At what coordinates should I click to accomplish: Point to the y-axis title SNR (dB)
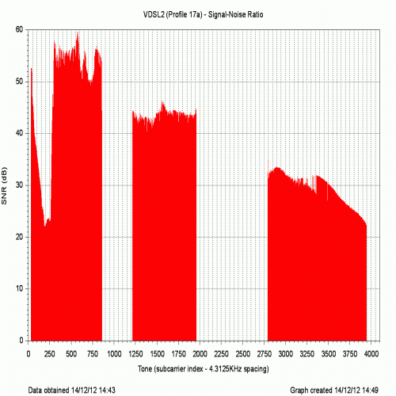(x=4, y=185)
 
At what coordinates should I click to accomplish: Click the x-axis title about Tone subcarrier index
(x=204, y=368)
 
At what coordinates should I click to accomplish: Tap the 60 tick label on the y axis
(x=19, y=29)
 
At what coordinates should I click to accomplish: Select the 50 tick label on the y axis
(x=19, y=82)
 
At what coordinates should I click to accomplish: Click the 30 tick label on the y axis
(x=19, y=185)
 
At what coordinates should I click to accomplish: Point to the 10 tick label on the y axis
(x=19, y=288)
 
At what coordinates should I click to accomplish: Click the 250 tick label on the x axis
(x=50, y=354)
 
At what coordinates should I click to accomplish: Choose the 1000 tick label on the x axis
(x=114, y=354)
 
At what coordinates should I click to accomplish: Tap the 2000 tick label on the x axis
(x=200, y=354)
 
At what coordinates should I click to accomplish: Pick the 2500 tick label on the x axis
(x=242, y=354)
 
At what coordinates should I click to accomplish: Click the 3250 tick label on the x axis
(x=307, y=354)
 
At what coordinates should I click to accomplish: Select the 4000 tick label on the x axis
(x=371, y=354)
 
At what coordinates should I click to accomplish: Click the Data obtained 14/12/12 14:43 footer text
(x=72, y=390)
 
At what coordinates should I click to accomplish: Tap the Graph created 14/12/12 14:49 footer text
(x=334, y=390)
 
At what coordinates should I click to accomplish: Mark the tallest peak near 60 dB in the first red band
(x=78, y=32)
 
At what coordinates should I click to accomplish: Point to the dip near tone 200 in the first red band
(x=45, y=226)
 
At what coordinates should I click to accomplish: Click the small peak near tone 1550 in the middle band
(x=162, y=102)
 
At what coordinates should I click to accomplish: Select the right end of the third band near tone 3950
(x=367, y=224)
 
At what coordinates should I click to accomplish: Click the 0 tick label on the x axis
(x=29, y=354)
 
